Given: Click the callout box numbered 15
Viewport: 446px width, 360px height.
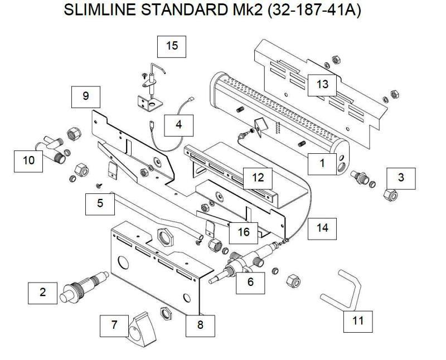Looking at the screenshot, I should click(172, 46).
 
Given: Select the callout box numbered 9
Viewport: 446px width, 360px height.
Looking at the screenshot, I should click(85, 96).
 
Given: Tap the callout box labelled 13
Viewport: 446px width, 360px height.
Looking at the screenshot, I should click(323, 85).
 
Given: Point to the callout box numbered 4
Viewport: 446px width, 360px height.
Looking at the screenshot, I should click(178, 125).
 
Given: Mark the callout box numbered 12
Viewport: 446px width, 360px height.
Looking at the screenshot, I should click(257, 178).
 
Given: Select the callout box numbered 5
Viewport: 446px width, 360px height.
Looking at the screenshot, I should click(100, 203).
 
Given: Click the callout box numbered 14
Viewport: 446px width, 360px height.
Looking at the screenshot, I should click(323, 228).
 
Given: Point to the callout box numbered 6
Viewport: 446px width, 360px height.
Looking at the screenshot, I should click(250, 282).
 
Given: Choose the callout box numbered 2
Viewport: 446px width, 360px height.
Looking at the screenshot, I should click(43, 293).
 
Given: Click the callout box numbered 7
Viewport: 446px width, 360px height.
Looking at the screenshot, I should click(115, 325).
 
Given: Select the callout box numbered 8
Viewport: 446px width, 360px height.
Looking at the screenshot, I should click(201, 324).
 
